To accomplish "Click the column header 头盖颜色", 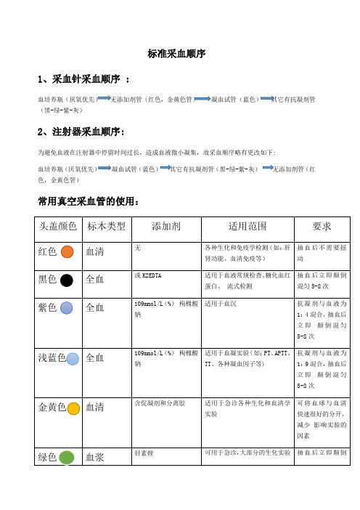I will pyautogui.click(x=57, y=225).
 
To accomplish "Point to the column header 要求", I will pyautogui.click(x=322, y=225).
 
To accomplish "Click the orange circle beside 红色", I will pyautogui.click(x=66, y=252).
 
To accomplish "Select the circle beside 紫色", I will pyautogui.click(x=66, y=308).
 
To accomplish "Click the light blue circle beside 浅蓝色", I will pyautogui.click(x=73, y=358).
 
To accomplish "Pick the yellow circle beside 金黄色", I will pyautogui.click(x=73, y=408).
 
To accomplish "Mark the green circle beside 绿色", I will pyautogui.click(x=66, y=458).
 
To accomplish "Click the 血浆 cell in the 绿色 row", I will pyautogui.click(x=97, y=458).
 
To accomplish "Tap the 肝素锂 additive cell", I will pyautogui.click(x=145, y=452).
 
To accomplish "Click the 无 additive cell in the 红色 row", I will pyautogui.click(x=138, y=247).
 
